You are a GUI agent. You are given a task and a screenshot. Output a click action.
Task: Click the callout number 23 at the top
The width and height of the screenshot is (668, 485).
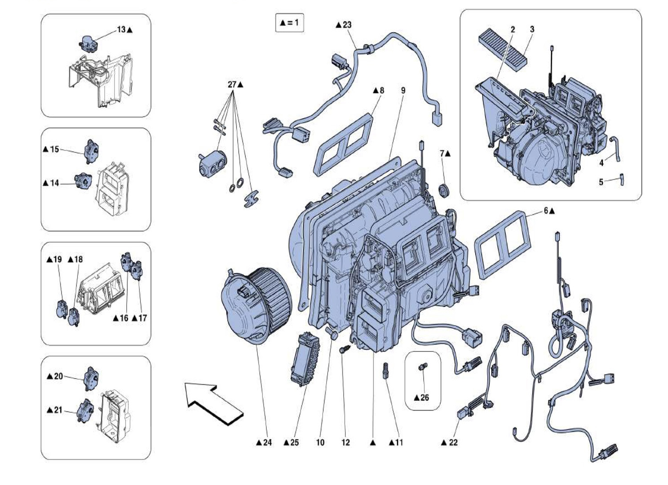click(346, 25)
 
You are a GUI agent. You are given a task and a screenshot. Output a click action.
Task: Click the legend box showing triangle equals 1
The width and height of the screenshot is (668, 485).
click(289, 22)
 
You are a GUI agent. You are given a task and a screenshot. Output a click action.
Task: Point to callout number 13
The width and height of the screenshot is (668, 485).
click(121, 30)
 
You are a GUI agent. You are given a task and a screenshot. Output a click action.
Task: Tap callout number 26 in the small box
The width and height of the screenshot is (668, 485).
click(424, 397)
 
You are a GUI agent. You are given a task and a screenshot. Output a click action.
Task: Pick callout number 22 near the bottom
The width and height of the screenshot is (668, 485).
click(452, 442)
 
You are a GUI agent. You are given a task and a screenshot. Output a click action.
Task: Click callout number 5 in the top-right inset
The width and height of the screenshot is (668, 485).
click(601, 182)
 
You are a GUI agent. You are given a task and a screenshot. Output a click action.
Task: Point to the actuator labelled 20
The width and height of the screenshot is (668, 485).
click(91, 378)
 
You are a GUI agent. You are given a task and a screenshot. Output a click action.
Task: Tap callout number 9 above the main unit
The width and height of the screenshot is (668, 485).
click(403, 90)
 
